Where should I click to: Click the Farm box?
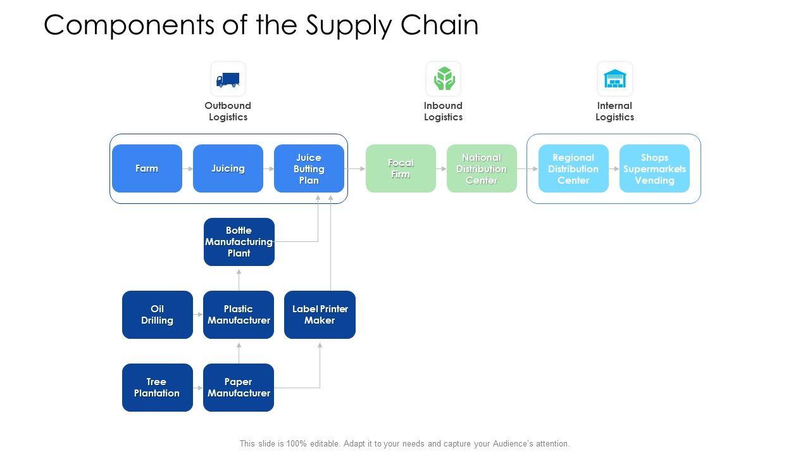[x=147, y=168]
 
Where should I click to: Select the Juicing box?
[x=228, y=168]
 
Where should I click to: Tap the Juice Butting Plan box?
[x=309, y=168]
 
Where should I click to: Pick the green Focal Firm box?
[x=401, y=168]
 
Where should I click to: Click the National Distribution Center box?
[x=482, y=168]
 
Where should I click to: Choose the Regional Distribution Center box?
[x=573, y=168]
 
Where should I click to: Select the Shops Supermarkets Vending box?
[x=654, y=168]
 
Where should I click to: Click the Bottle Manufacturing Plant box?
[x=239, y=242]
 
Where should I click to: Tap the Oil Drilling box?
[x=158, y=315]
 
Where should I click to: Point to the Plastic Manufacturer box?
[x=239, y=315]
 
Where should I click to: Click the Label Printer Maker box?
[x=320, y=315]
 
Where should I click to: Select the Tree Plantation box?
[x=158, y=388]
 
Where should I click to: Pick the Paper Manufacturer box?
[x=239, y=388]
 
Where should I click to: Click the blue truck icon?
[x=228, y=80]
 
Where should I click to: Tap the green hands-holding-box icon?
[x=444, y=78]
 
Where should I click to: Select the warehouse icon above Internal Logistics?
[x=614, y=79]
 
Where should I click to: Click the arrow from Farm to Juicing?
[x=188, y=168]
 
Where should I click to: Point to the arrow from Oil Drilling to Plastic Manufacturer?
[x=198, y=315]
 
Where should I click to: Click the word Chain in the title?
[x=439, y=25]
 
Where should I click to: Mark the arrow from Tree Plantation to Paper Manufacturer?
[x=198, y=388]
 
